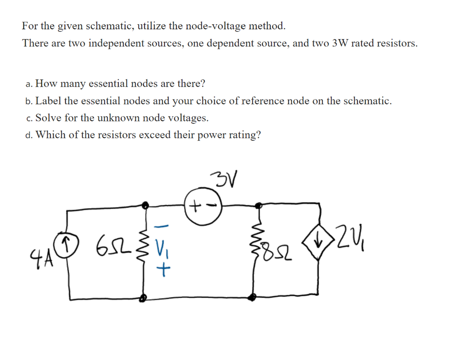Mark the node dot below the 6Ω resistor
143,298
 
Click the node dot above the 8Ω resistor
260,206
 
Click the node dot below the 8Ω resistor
252,297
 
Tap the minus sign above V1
164,227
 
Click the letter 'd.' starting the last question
29,136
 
